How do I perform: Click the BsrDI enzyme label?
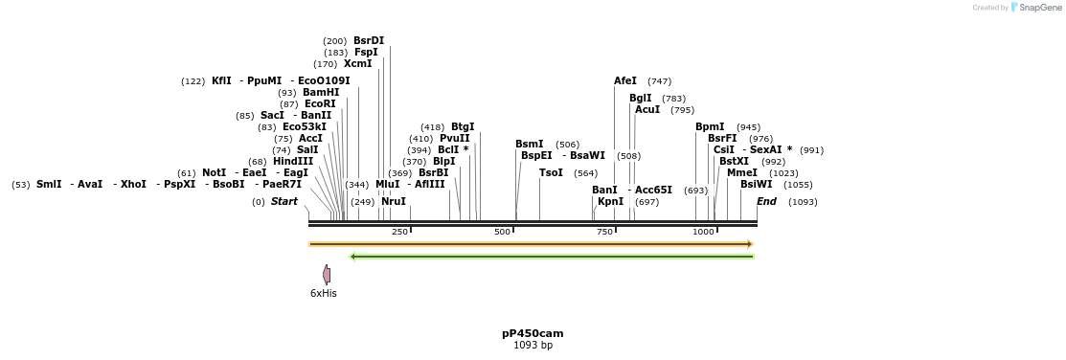click(x=369, y=40)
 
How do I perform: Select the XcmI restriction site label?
click(x=357, y=64)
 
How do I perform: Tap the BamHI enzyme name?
click(x=321, y=93)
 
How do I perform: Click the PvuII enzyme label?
click(x=455, y=139)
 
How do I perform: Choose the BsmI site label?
click(x=530, y=145)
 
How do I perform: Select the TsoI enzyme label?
click(x=551, y=173)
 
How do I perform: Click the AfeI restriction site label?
click(x=625, y=81)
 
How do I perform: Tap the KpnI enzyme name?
click(x=610, y=202)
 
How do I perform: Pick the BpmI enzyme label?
click(x=710, y=127)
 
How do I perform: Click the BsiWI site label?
click(x=756, y=185)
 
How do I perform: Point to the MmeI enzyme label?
click(x=741, y=173)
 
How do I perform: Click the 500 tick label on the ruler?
click(x=502, y=232)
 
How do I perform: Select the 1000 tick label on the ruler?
click(x=703, y=232)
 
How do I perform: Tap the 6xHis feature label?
click(x=324, y=294)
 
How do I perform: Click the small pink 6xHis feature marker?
click(x=327, y=275)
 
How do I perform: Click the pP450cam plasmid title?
click(x=533, y=333)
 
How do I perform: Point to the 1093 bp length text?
click(x=533, y=345)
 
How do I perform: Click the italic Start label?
click(x=284, y=202)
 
